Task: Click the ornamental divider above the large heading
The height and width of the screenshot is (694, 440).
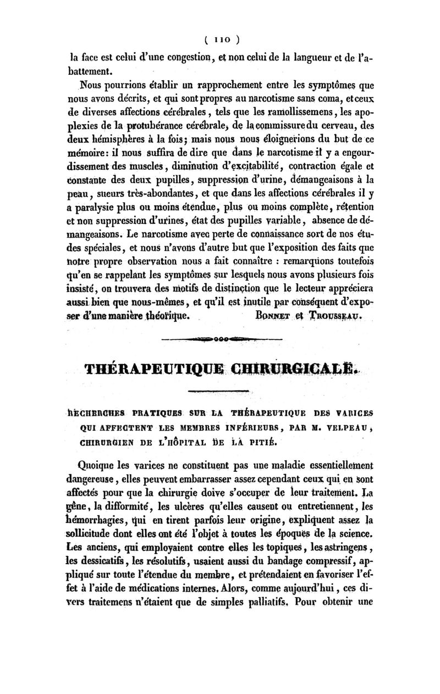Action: point(220,339)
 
